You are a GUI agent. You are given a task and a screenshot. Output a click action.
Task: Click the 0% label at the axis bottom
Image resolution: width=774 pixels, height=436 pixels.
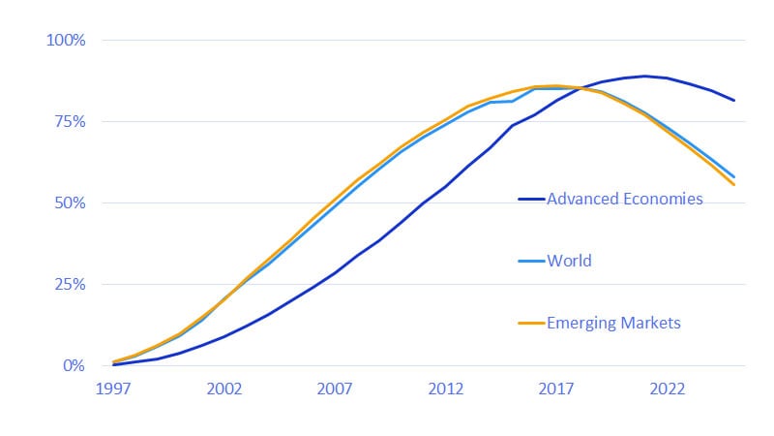74,366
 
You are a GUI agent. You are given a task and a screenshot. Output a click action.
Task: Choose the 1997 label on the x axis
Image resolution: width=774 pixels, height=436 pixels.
114,389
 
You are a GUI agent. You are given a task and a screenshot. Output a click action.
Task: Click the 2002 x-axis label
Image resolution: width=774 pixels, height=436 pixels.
224,389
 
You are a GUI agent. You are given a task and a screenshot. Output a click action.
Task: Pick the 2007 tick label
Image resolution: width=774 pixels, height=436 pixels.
336,389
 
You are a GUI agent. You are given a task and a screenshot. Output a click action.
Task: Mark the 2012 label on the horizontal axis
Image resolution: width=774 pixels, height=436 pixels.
446,389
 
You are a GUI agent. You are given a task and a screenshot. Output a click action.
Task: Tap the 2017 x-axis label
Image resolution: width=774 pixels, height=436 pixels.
557,389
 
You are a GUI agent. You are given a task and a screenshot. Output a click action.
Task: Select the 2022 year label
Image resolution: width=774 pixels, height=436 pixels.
668,389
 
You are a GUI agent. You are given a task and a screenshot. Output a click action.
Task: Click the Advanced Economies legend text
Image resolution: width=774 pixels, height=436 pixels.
625,200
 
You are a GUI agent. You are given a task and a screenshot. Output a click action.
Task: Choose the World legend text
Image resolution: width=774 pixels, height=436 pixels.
569,262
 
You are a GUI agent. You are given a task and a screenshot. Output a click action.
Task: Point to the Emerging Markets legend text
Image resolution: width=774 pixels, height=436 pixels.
614,324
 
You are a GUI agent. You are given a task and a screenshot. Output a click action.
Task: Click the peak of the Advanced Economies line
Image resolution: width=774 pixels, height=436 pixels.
645,76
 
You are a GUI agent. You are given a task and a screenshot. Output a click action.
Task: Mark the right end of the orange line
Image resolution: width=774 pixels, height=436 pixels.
734,184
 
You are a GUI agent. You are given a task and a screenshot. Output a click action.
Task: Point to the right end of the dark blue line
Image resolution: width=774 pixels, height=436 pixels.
734,101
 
